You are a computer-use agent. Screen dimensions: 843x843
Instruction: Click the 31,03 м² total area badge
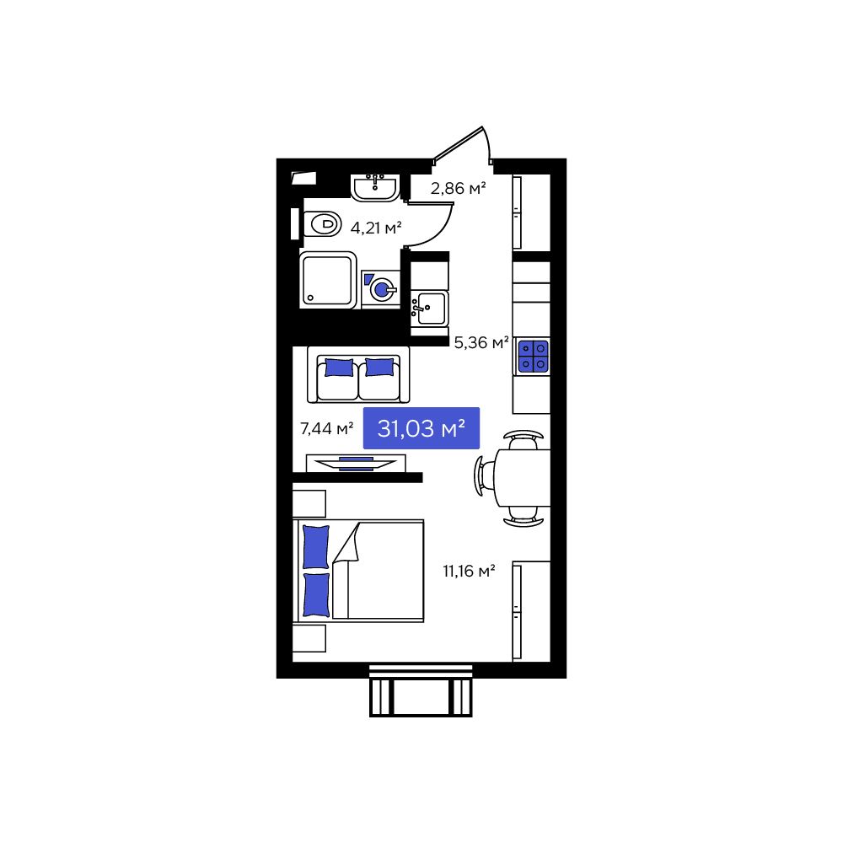421,429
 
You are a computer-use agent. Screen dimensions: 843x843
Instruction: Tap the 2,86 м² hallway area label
458,188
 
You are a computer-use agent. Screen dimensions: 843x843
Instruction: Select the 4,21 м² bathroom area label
376,227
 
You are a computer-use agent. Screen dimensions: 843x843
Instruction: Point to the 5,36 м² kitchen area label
481,343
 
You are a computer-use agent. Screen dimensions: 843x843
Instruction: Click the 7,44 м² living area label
326,429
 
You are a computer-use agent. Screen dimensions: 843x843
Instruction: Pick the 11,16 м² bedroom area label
469,571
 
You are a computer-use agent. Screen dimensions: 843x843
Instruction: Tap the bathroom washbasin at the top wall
375,186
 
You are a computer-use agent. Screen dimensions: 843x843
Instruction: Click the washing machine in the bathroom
380,289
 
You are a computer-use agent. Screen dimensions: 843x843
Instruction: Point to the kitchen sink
430,308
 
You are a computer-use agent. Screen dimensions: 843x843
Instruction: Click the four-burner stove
533,356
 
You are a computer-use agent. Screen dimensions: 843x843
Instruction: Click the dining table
523,477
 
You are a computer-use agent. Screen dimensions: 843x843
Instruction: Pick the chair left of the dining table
481,477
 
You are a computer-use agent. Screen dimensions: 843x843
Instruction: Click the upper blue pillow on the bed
316,546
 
